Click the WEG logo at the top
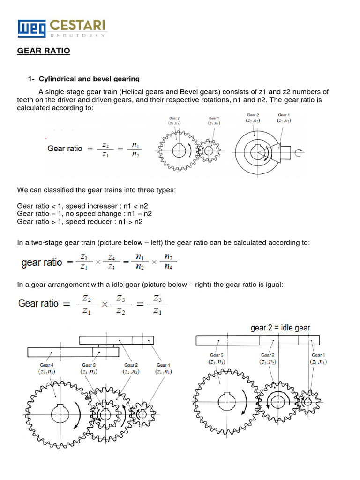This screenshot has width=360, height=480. (x=31, y=29)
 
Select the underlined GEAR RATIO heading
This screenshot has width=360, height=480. (x=44, y=51)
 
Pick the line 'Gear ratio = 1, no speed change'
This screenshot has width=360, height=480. (x=84, y=214)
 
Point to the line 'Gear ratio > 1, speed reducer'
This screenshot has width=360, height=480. (x=80, y=222)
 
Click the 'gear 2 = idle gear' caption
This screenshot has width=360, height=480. (x=280, y=328)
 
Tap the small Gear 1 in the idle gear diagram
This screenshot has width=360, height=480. (x=307, y=401)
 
